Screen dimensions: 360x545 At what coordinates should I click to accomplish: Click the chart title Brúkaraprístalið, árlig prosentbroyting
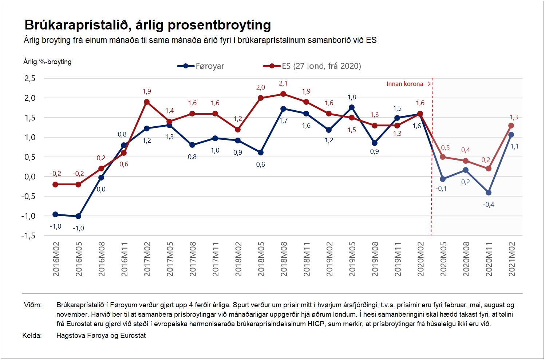point(147,25)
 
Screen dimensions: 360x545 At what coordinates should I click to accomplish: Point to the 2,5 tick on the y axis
point(30,78)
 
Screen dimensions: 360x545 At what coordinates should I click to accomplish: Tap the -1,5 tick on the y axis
point(28,236)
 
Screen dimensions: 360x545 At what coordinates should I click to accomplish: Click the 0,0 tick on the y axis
point(30,177)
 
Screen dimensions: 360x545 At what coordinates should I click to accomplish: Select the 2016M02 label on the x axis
point(56,259)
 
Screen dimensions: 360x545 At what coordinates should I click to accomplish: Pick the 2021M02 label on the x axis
point(512,259)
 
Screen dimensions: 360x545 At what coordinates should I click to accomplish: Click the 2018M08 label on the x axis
point(284,259)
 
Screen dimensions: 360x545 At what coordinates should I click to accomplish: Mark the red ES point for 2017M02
point(147,102)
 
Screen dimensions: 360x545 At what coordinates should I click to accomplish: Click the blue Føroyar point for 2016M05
point(78,216)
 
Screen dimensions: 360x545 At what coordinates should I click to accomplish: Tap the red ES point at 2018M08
point(283,94)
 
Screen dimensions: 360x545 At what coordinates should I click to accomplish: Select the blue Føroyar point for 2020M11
point(489,193)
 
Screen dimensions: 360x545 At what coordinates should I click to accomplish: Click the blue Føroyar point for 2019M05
point(352,107)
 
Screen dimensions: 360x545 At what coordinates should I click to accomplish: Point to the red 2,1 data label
point(283,83)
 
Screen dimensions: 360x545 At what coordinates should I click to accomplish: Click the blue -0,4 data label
point(489,205)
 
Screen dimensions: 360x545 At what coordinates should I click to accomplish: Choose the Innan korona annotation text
point(405,84)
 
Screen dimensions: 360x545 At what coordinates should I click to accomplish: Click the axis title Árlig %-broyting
point(47,62)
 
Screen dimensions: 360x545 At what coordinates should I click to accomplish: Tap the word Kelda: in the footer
point(32,335)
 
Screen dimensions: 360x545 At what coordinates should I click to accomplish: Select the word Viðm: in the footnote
point(33,305)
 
